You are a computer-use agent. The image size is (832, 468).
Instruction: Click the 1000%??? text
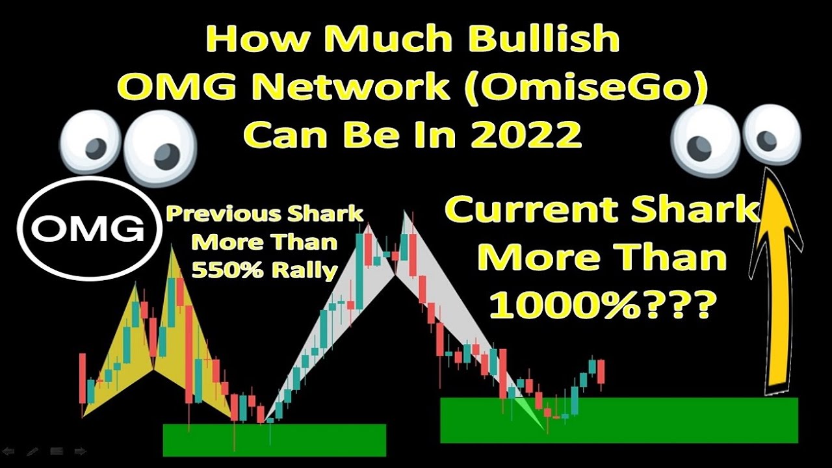pos(598,304)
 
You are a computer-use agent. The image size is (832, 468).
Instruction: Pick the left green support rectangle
pos(274,440)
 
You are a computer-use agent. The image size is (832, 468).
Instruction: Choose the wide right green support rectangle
pos(619,420)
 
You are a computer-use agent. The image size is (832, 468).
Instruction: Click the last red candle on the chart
pos(601,372)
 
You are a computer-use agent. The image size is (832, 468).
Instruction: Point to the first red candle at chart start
pos(83,378)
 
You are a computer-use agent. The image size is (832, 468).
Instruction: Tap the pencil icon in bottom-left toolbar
pos(32,451)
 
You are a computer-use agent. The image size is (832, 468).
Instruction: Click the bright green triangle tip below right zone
pos(541,427)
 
